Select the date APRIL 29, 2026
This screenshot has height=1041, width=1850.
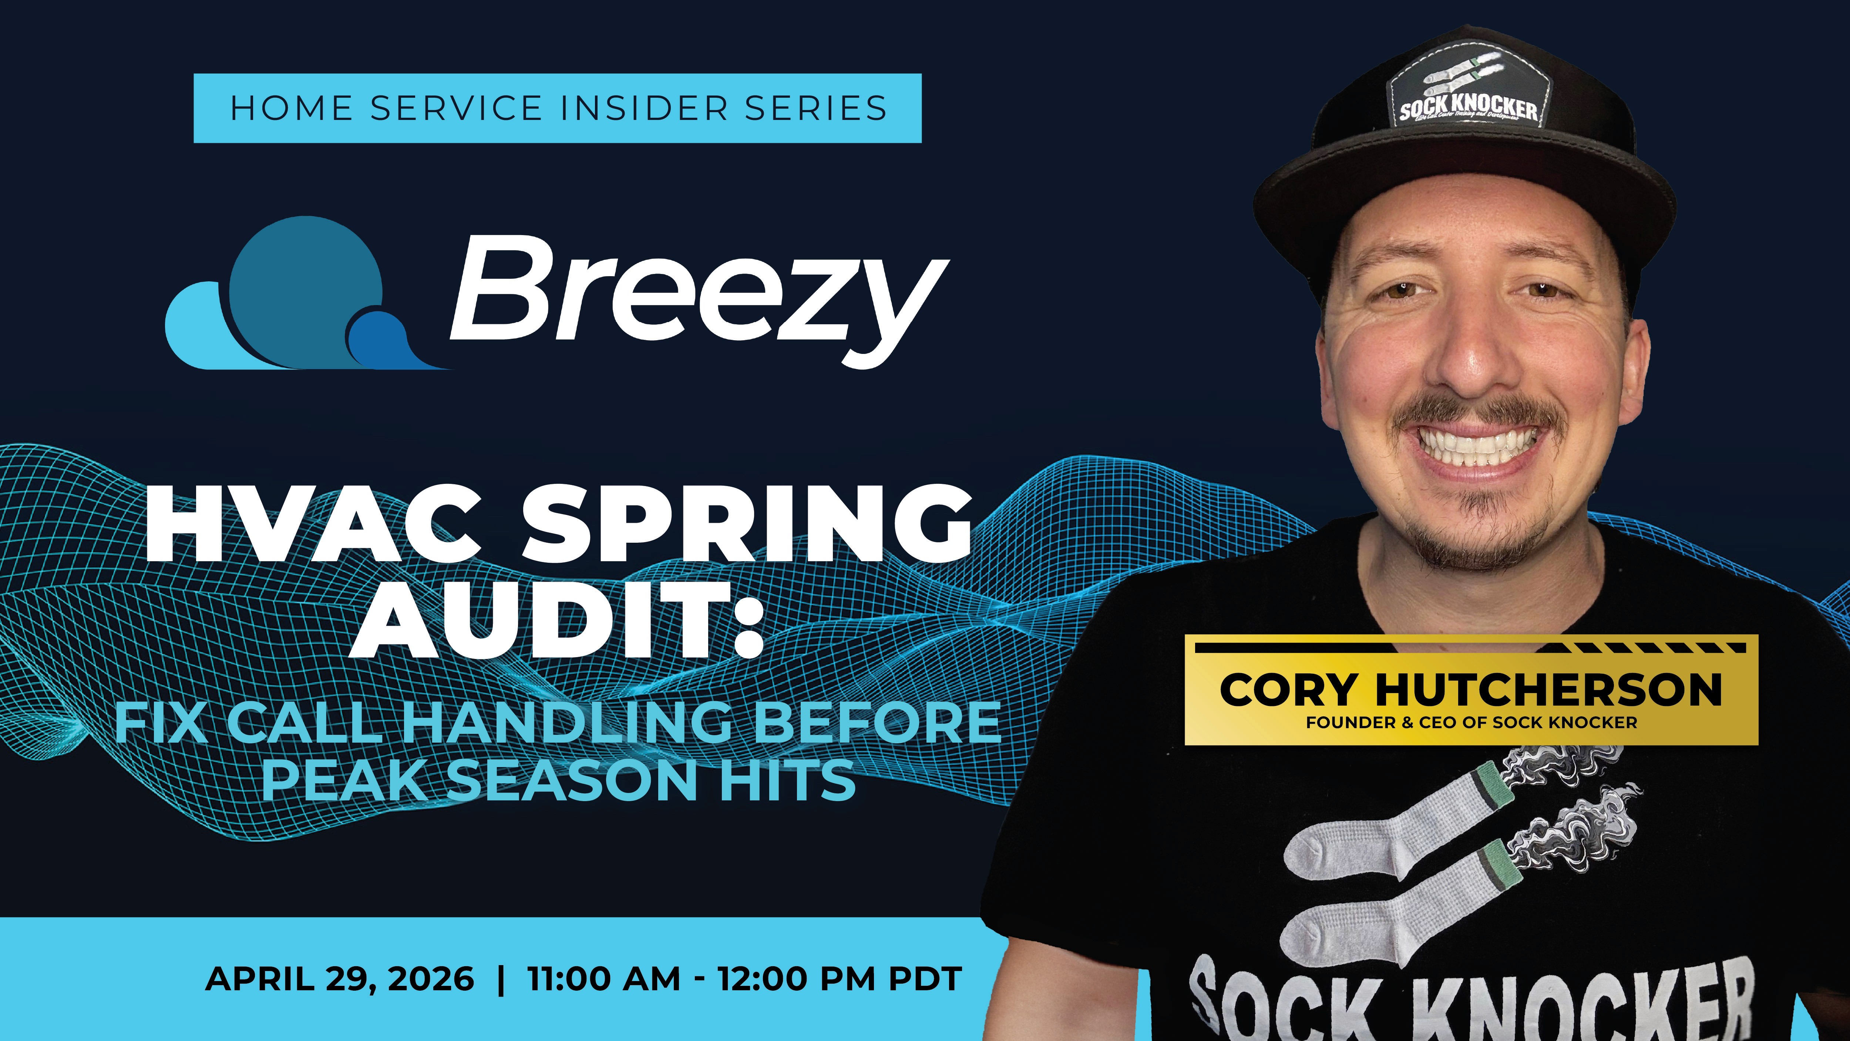(340, 978)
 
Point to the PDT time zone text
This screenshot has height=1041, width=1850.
(925, 978)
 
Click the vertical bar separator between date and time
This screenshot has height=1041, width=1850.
(501, 978)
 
